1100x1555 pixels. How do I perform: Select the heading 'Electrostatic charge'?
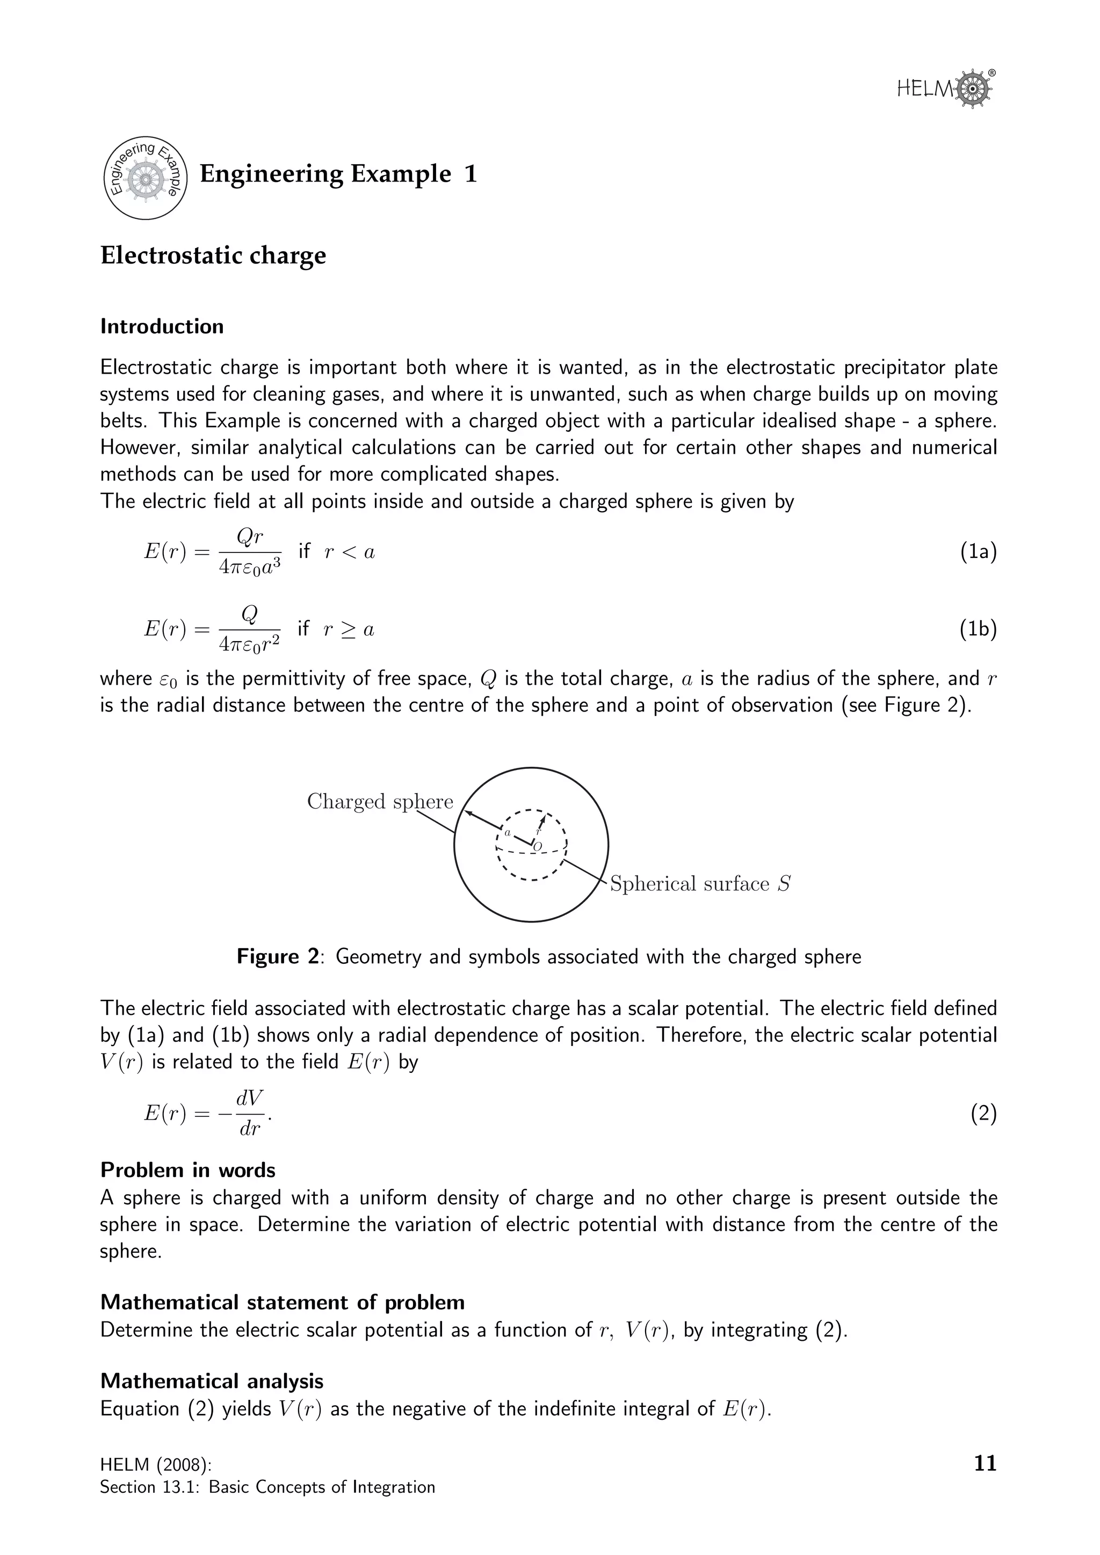tap(213, 256)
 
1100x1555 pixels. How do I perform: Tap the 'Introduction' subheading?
tap(162, 326)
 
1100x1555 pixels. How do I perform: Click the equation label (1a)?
tap(978, 552)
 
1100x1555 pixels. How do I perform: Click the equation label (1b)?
tap(978, 629)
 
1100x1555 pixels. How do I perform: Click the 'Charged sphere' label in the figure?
tap(379, 801)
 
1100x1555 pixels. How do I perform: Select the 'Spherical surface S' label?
tap(700, 884)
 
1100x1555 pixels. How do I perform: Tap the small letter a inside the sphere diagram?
tap(508, 832)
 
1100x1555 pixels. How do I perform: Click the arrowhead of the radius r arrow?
tap(542, 820)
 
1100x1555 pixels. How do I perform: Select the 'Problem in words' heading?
tap(187, 1171)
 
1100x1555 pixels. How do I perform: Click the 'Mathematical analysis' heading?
tap(211, 1381)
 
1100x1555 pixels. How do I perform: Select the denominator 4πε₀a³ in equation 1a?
tap(249, 568)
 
